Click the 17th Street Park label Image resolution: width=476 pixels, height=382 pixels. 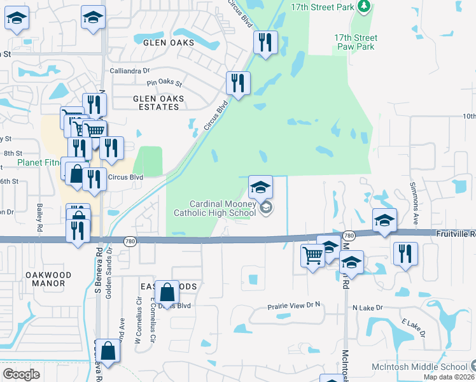tap(321, 6)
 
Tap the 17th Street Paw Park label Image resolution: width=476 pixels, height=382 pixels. tap(354, 42)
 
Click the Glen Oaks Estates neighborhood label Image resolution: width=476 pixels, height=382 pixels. tap(158, 103)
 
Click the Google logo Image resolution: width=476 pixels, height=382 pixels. tap(21, 374)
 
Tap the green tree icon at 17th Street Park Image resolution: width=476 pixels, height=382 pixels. tap(363, 6)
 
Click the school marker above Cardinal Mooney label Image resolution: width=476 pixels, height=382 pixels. tap(260, 187)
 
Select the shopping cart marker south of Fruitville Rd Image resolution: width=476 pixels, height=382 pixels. tap(312, 257)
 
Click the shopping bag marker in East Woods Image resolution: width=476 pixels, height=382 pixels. tap(167, 293)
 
